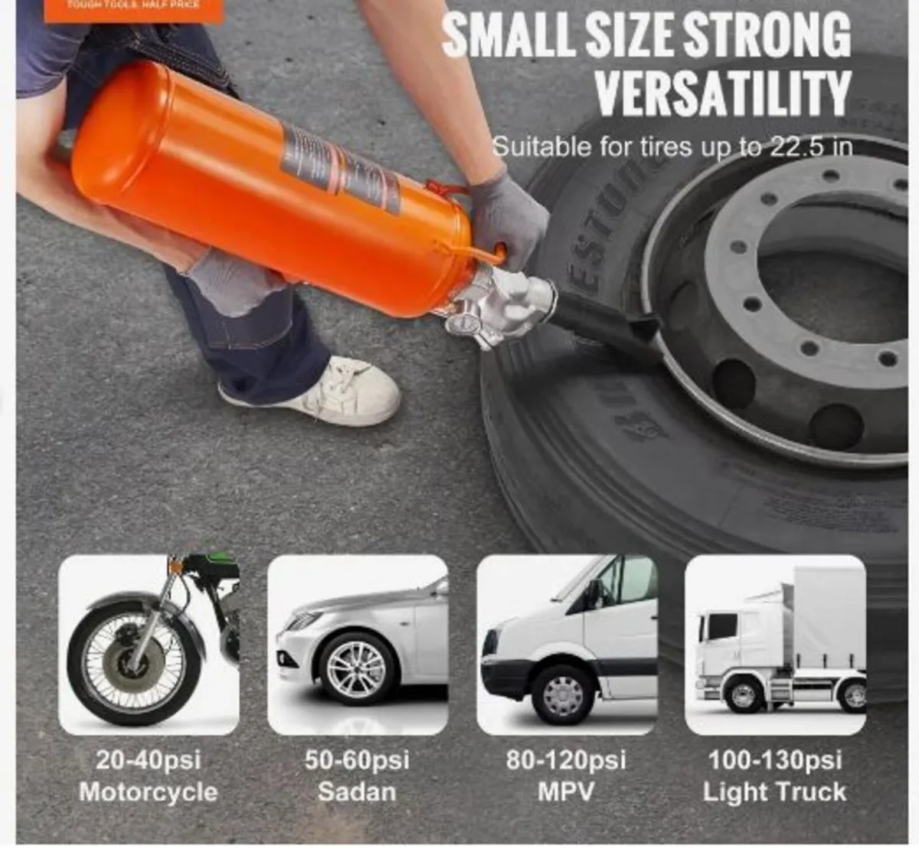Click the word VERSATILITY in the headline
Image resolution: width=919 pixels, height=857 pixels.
tap(723, 92)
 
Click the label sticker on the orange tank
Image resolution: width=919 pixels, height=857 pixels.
tap(341, 169)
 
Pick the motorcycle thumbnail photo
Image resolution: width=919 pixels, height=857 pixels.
tap(149, 645)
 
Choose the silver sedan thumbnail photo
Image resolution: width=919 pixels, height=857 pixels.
tap(358, 645)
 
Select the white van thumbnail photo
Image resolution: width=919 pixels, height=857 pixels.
tap(567, 645)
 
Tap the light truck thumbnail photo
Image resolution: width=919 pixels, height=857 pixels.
tap(775, 645)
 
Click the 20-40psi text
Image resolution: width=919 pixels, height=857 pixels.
tap(149, 760)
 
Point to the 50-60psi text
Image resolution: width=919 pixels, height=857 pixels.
tap(357, 760)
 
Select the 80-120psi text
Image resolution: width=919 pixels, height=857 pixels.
tap(566, 760)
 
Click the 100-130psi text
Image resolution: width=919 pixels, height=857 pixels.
tap(775, 760)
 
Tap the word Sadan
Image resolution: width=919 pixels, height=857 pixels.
tap(357, 792)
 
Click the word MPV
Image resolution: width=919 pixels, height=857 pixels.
tap(566, 792)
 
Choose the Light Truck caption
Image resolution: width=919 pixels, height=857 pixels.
tap(775, 792)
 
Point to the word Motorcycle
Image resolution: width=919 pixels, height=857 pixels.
tap(149, 792)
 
